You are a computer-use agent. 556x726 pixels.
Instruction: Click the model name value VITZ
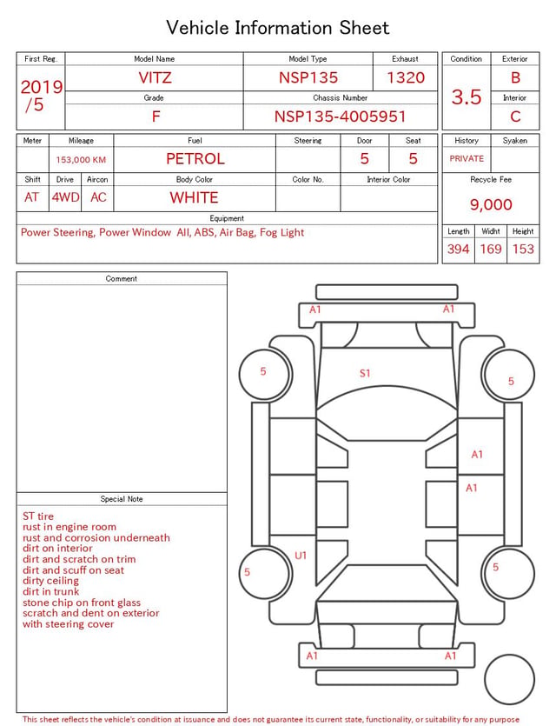tap(155, 77)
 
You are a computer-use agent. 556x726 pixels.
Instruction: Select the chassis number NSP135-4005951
tap(340, 117)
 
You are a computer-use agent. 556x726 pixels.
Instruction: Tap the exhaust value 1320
tap(406, 77)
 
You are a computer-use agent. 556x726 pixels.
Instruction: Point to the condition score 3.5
tap(467, 97)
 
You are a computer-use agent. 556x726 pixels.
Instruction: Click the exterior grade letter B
tap(515, 77)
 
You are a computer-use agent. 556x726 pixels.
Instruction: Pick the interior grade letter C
tap(515, 117)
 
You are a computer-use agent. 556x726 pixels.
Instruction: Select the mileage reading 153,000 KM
tap(81, 160)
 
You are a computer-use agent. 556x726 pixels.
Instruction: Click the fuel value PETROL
tap(195, 159)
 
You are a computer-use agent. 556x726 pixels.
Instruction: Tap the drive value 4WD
tap(65, 197)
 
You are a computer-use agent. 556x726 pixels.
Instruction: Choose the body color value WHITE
tap(194, 197)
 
